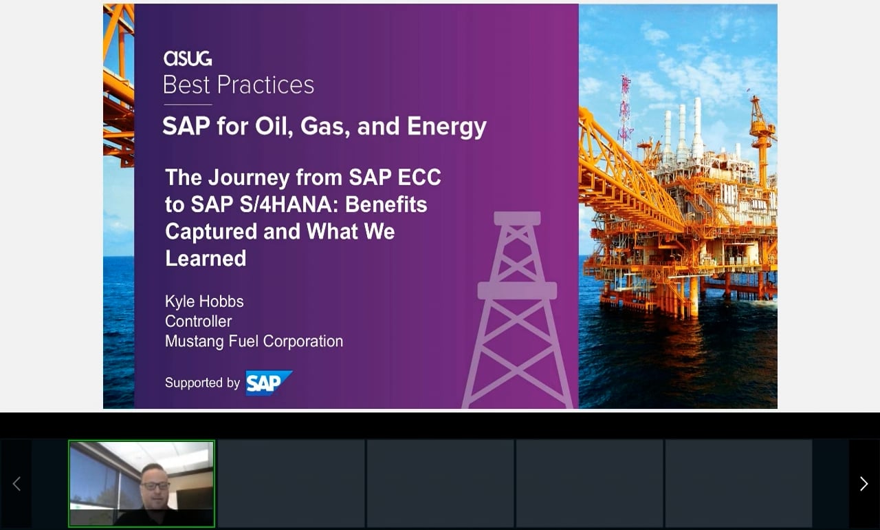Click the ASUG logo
coord(188,59)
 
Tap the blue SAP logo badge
coord(269,383)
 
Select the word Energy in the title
coord(447,127)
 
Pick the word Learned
coord(206,258)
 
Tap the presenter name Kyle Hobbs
coord(204,301)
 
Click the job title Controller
coord(199,321)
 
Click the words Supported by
coord(202,383)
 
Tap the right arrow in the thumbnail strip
coord(863,484)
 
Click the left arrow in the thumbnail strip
coord(16,484)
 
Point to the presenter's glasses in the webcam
coord(155,485)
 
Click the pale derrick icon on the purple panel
coord(518,310)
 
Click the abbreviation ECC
coord(419,178)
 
